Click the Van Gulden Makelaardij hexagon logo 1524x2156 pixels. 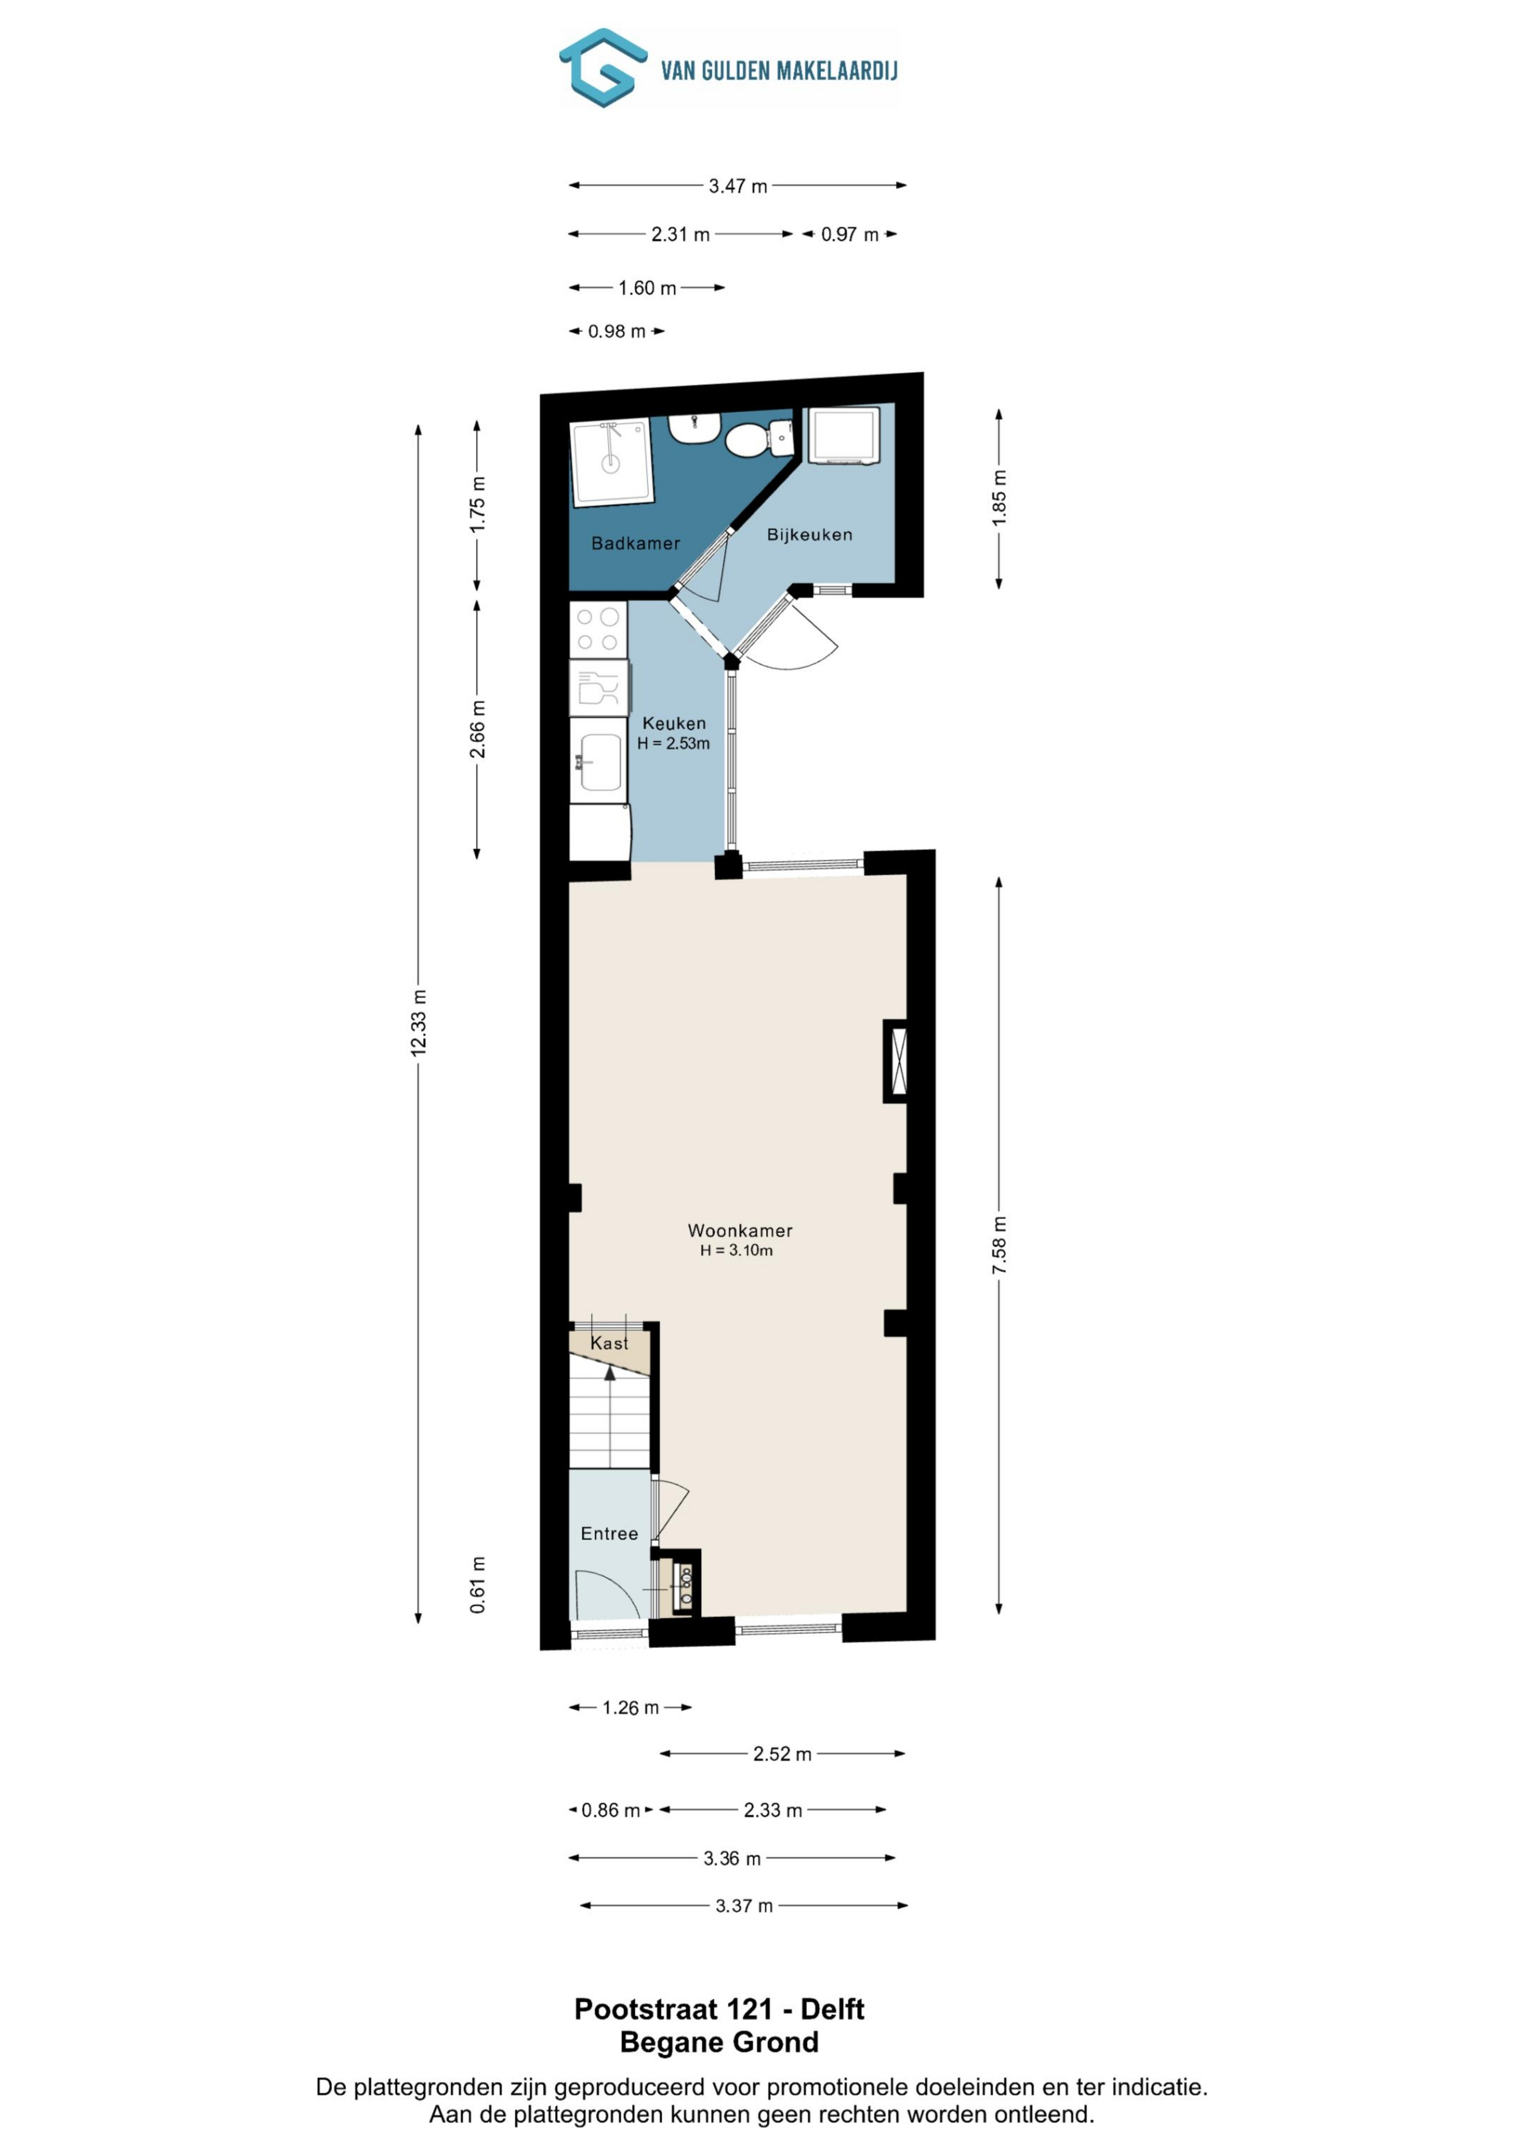[x=603, y=67]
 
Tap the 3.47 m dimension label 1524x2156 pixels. [x=738, y=186]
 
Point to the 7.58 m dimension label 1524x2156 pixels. [x=999, y=1245]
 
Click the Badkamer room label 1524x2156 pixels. [x=636, y=543]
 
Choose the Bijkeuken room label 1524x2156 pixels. [x=809, y=535]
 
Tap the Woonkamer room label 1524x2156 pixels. [x=740, y=1230]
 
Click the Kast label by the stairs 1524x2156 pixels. [x=610, y=1343]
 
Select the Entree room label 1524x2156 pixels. [x=610, y=1533]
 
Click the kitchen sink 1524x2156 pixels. [x=598, y=761]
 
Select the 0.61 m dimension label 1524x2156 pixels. [x=478, y=1584]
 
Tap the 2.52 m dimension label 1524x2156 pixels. [x=782, y=1754]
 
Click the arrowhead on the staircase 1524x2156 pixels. [x=610, y=1373]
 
